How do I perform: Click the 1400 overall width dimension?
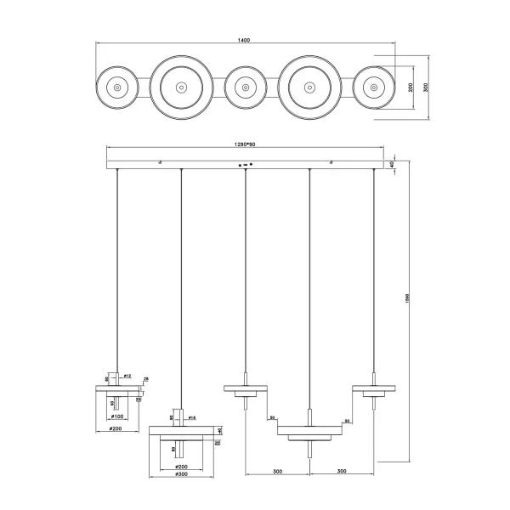point(246,39)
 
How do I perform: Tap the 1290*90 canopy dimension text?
point(245,144)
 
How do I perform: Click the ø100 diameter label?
point(118,416)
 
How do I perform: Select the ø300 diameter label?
point(180,473)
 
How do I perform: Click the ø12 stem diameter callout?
point(127,375)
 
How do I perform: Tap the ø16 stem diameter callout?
point(192,418)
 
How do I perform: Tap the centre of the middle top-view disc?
point(245,88)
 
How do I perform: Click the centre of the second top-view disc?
point(180,88)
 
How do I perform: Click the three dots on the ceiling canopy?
point(246,164)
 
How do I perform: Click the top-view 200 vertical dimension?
point(410,88)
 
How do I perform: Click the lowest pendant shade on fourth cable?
point(309,430)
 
